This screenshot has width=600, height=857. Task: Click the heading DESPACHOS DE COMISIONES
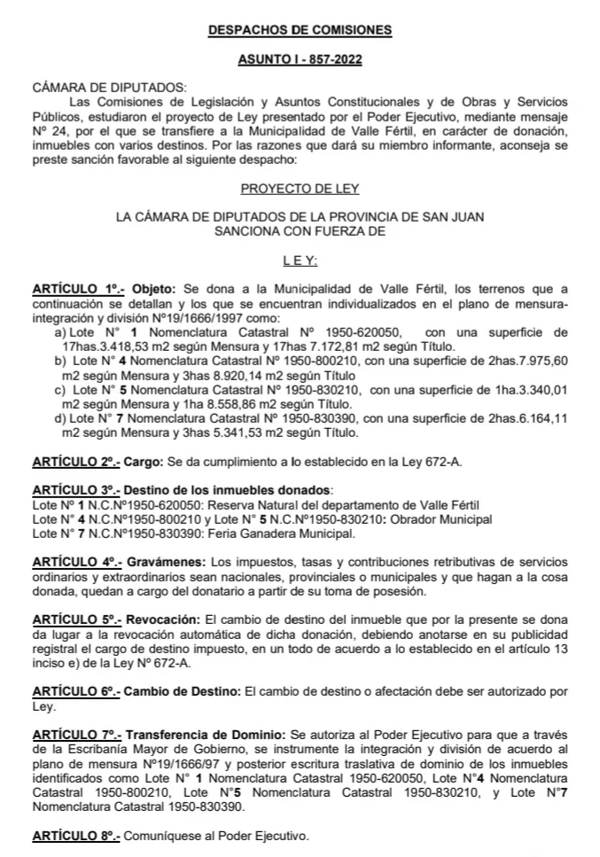(x=300, y=30)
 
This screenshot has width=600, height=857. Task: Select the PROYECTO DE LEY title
(x=300, y=189)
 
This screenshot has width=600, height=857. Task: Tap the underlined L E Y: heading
(x=300, y=261)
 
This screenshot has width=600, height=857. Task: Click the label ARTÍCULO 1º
(x=74, y=290)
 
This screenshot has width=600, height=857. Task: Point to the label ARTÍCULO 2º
(x=74, y=462)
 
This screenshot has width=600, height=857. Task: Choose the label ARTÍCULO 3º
(x=74, y=490)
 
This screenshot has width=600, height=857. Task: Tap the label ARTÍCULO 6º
(x=74, y=690)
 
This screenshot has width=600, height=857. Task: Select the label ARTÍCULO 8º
(x=74, y=835)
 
